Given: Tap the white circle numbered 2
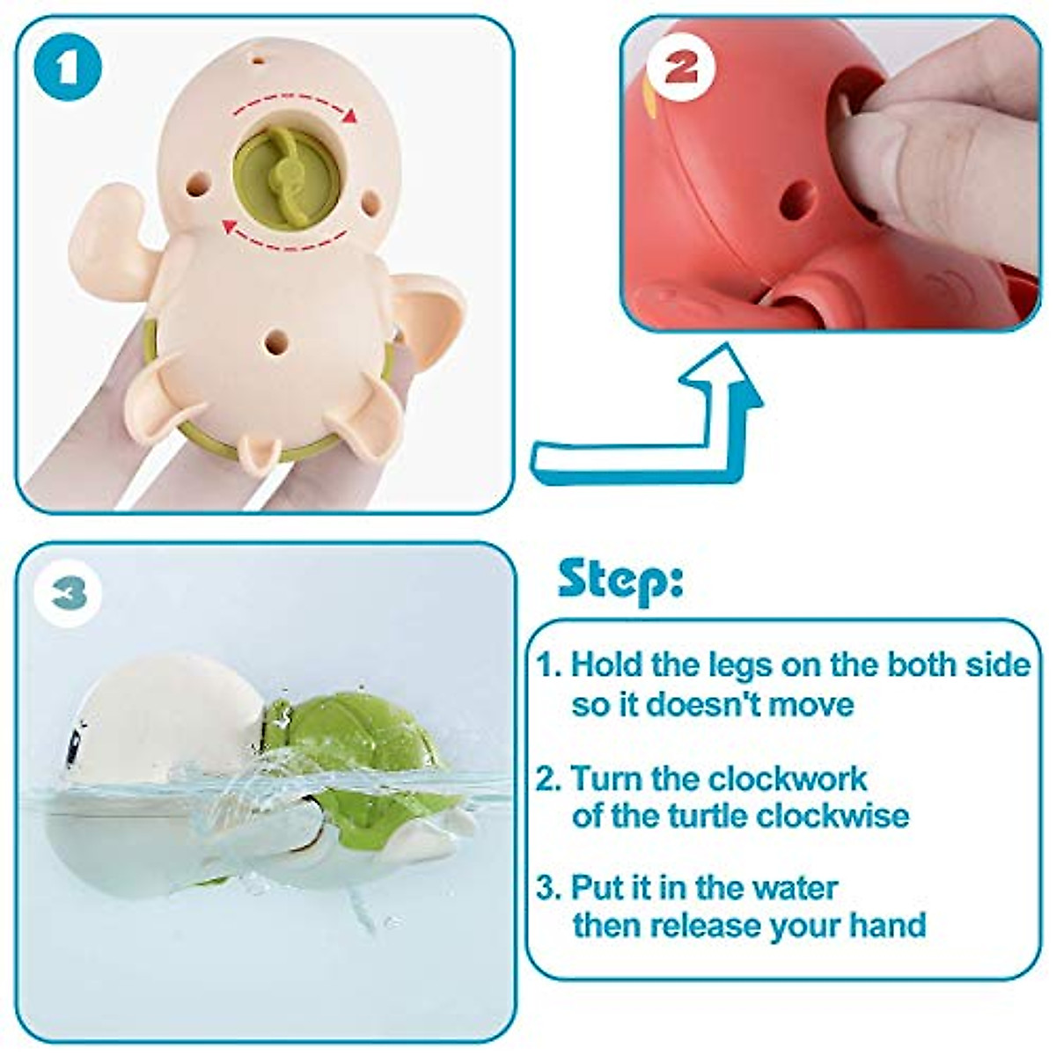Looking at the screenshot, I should click(x=679, y=70).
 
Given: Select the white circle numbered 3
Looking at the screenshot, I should click(x=70, y=595).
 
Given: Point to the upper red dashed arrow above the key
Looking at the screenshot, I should click(x=294, y=110).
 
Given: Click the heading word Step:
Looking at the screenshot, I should click(x=620, y=582).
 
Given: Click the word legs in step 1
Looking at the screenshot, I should click(x=740, y=664).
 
